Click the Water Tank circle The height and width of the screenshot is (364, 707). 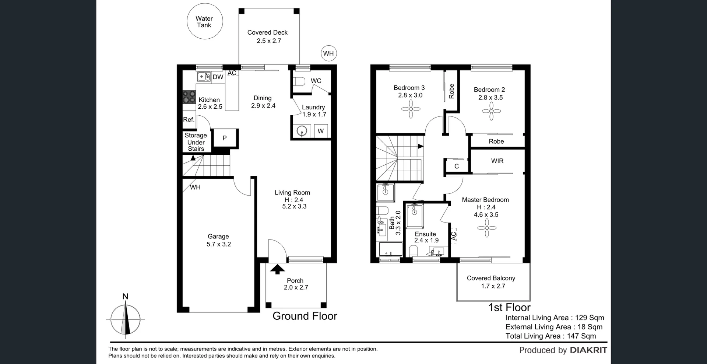point(204,22)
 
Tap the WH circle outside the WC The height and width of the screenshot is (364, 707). point(328,53)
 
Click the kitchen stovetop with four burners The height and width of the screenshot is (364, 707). point(189,97)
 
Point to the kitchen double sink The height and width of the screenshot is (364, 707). point(203,77)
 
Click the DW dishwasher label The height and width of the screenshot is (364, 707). point(218,77)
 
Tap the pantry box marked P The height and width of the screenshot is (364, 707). point(225,138)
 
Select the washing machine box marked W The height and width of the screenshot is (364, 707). point(321,131)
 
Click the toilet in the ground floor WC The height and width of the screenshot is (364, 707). point(299,81)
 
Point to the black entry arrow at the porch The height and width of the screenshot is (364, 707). point(277,269)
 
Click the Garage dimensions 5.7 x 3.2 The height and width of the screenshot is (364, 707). point(219,244)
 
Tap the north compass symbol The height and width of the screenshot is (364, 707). point(126,319)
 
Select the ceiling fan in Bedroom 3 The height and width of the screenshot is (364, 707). point(411,109)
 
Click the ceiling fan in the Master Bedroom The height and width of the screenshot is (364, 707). point(487,228)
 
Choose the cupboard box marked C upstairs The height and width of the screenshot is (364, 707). point(457,166)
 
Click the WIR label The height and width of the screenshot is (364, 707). point(497,161)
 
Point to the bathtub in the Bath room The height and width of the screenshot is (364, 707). point(391,249)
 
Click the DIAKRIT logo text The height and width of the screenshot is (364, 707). point(588,350)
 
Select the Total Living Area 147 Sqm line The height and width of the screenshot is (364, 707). point(551,336)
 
